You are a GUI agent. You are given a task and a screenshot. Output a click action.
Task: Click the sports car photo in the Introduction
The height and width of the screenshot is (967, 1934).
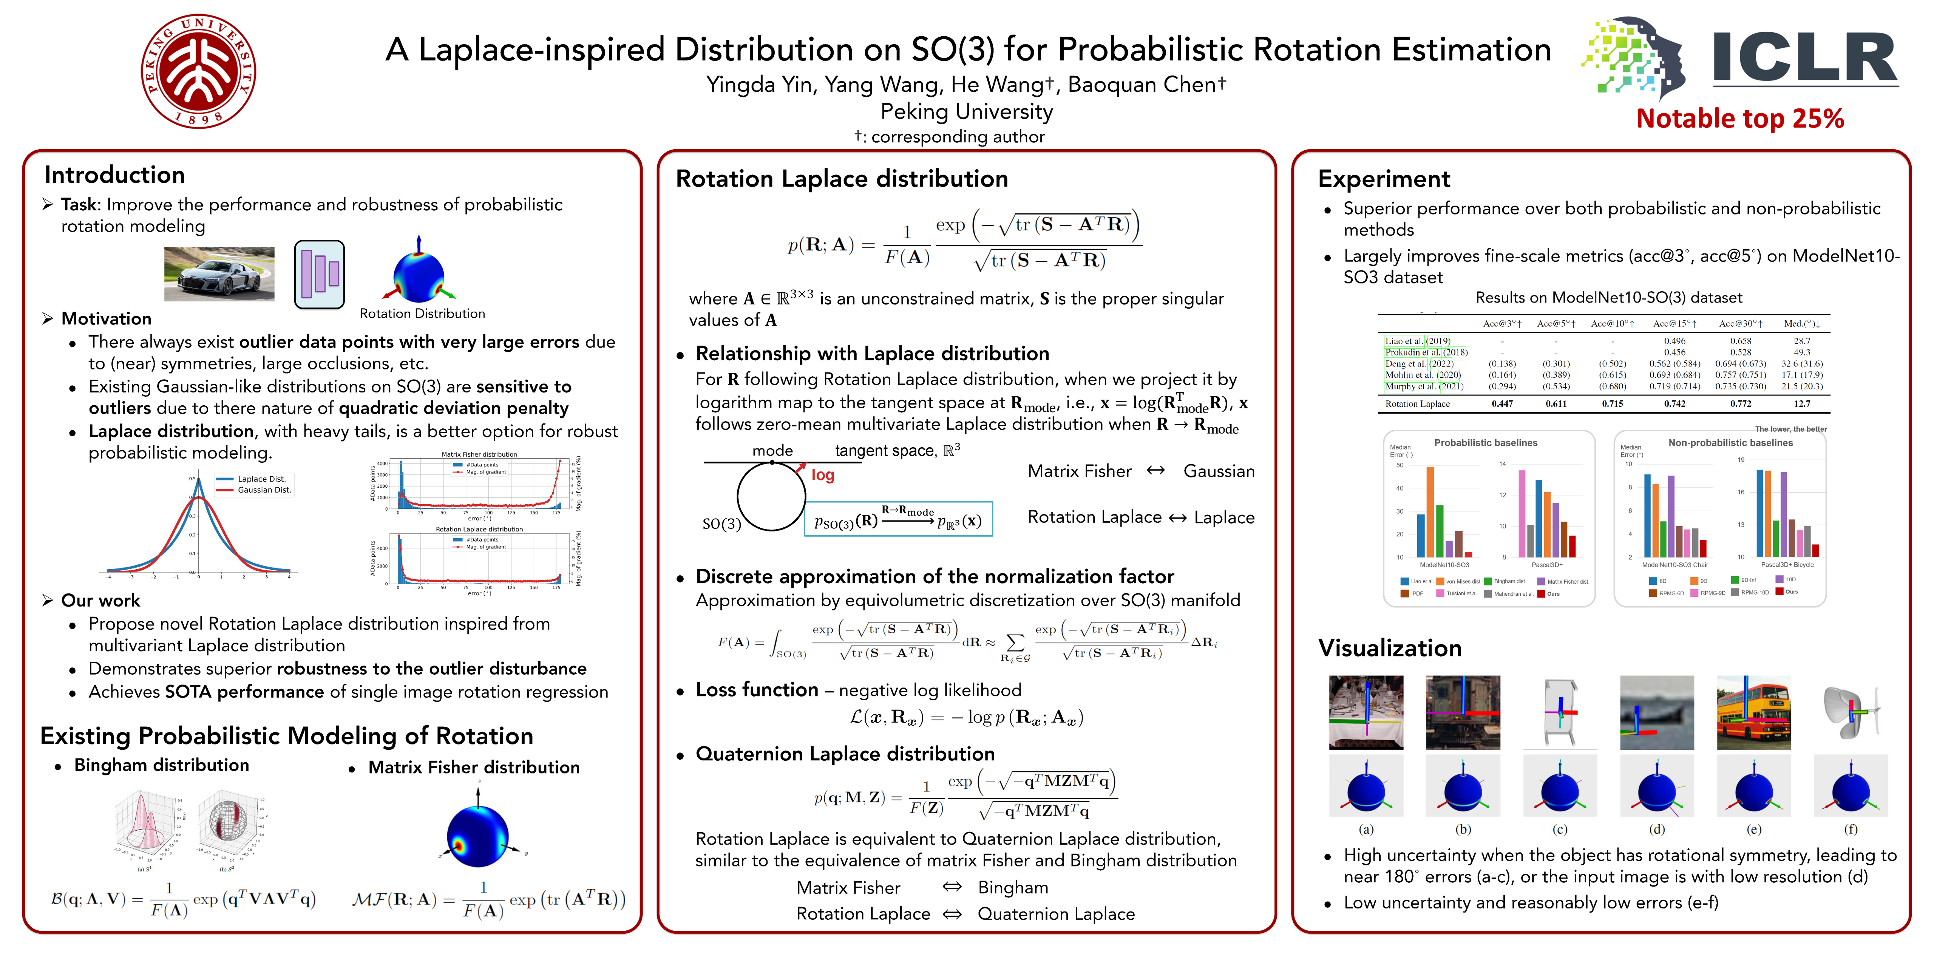coord(219,274)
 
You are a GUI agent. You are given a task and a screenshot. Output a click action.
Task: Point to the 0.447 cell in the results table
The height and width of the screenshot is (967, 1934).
coord(1501,404)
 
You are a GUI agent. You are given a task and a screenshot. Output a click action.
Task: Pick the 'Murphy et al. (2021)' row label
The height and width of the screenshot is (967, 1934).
coord(1423,386)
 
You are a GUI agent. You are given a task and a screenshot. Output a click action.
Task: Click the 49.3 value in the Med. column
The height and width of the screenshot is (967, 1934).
coord(1802,352)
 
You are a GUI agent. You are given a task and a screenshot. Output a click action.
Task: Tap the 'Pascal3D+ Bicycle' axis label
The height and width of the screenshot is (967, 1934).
coord(1787,565)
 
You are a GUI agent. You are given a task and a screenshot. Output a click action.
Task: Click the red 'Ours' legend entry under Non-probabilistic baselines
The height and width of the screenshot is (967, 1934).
coord(1790,592)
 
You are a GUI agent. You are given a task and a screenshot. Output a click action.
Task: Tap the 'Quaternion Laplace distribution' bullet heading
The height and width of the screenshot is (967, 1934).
coord(845,754)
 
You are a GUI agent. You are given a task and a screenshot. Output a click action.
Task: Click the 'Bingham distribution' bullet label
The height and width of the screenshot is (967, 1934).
coord(161,765)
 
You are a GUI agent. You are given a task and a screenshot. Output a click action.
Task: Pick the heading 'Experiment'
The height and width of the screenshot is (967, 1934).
coord(1384,179)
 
